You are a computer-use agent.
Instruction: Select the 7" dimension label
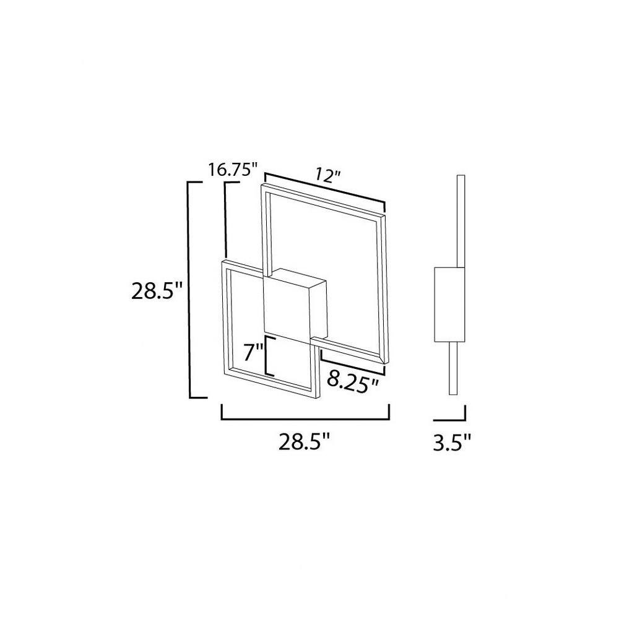[x=253, y=353]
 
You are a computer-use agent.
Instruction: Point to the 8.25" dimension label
[x=353, y=382]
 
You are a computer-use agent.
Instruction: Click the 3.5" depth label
[x=452, y=443]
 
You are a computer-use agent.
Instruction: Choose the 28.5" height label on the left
[x=157, y=292]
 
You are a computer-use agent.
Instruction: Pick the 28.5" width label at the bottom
[x=304, y=442]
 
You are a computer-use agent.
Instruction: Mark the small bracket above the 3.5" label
[x=450, y=419]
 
